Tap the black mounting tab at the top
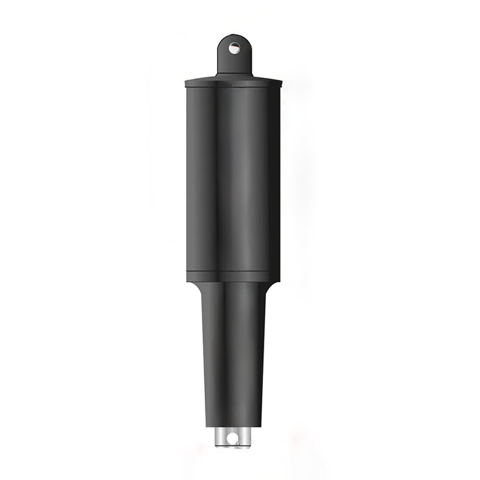coord(234,61)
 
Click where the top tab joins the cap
coord(234,74)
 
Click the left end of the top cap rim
coord(186,83)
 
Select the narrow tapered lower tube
coord(234,358)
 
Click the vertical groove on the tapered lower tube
coord(226,358)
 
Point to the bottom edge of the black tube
coord(234,426)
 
